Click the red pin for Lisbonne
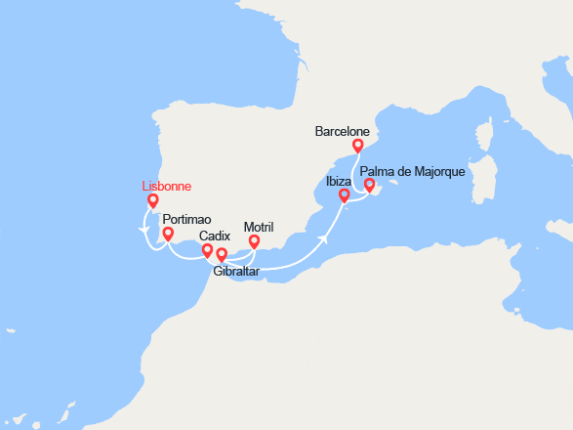click(x=153, y=201)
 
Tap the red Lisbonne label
click(x=167, y=186)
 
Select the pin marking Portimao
click(x=169, y=235)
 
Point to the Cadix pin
click(x=207, y=251)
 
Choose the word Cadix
click(x=215, y=236)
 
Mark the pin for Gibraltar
click(x=222, y=255)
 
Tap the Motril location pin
click(x=255, y=241)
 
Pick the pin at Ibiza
click(x=344, y=195)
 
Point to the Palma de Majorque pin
click(x=369, y=185)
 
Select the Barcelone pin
click(x=358, y=146)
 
